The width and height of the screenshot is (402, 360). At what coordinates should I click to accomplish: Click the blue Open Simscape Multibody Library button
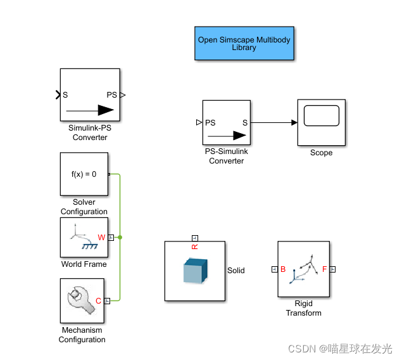244,43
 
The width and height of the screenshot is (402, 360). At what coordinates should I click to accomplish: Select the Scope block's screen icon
321,117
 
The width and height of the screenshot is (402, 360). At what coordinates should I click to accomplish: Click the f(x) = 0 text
84,173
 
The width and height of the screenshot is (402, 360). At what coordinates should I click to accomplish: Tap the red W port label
101,238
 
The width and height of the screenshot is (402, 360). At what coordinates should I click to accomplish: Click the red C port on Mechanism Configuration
99,300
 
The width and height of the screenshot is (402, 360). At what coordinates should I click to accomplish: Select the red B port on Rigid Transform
283,269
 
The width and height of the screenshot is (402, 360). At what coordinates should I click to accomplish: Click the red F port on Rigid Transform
325,269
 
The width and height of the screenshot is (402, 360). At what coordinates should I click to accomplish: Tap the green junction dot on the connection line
120,238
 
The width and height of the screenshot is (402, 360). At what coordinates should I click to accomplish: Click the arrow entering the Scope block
294,123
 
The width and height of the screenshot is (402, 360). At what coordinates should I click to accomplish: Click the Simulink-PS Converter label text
89,132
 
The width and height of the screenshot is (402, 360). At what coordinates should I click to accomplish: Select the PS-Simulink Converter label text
227,156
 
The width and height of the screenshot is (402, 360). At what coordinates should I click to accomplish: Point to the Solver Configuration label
84,207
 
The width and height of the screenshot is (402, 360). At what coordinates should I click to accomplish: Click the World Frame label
84,264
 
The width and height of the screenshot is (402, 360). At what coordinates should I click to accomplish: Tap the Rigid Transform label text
303,308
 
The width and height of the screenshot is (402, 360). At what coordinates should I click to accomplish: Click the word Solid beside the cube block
236,271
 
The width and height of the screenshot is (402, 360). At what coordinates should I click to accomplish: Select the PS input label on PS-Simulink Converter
210,123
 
